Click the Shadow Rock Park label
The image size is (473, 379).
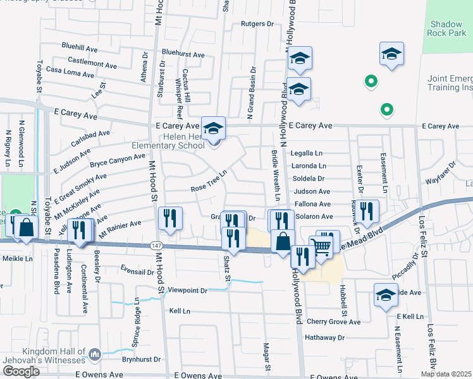[x=446, y=28]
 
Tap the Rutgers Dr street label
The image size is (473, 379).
[x=257, y=24]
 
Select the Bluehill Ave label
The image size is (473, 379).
[x=79, y=47]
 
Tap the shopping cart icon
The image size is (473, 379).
[x=322, y=246]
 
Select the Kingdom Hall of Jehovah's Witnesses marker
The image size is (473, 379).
[x=95, y=354]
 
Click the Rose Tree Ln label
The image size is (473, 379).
[x=209, y=181]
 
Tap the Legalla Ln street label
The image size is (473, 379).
[x=307, y=153]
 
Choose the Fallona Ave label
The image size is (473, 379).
[x=312, y=204]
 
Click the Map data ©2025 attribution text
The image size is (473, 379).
[x=446, y=374]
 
